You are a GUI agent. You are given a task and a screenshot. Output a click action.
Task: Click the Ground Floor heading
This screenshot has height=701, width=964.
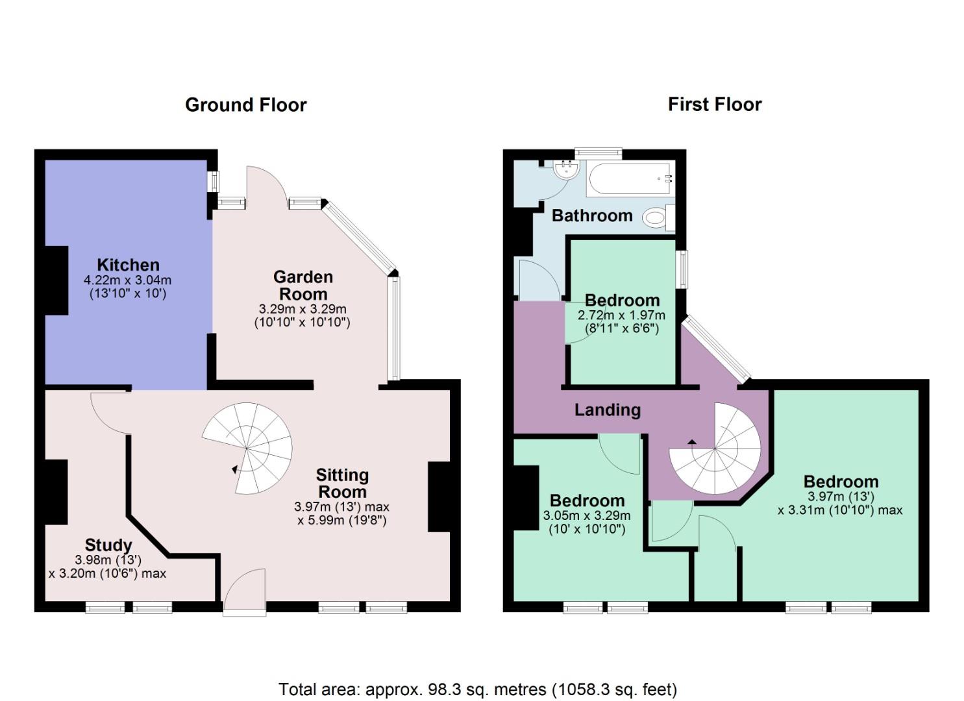point(245,105)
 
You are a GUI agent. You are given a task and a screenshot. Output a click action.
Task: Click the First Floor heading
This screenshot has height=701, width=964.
point(714,105)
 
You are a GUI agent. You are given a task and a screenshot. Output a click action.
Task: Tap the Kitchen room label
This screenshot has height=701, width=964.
point(128,265)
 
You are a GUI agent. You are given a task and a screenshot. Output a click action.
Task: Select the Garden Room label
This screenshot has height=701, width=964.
point(303,285)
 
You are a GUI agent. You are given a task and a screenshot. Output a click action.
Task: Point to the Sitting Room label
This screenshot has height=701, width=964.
point(342,484)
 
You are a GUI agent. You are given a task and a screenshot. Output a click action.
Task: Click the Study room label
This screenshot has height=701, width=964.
point(108,545)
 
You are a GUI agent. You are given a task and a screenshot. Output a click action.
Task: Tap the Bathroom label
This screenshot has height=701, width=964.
point(591,215)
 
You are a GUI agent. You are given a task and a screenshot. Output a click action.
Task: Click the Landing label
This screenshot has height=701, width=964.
point(607,410)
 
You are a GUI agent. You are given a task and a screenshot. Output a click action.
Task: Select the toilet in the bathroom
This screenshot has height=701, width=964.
point(658,217)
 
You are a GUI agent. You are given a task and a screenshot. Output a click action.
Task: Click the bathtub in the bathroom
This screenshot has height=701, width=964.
point(630,179)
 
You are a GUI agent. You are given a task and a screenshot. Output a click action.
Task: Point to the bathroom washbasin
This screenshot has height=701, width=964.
point(566,171)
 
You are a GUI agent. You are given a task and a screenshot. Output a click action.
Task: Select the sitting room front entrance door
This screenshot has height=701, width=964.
point(245,591)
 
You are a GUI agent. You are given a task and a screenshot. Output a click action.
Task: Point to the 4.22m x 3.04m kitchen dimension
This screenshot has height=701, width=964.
point(127,280)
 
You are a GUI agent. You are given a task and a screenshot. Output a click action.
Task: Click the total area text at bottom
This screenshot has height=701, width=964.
point(477,689)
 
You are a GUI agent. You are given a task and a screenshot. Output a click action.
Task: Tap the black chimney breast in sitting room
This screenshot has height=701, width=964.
point(438,497)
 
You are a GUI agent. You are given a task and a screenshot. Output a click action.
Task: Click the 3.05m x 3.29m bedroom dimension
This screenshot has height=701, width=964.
point(586,516)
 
